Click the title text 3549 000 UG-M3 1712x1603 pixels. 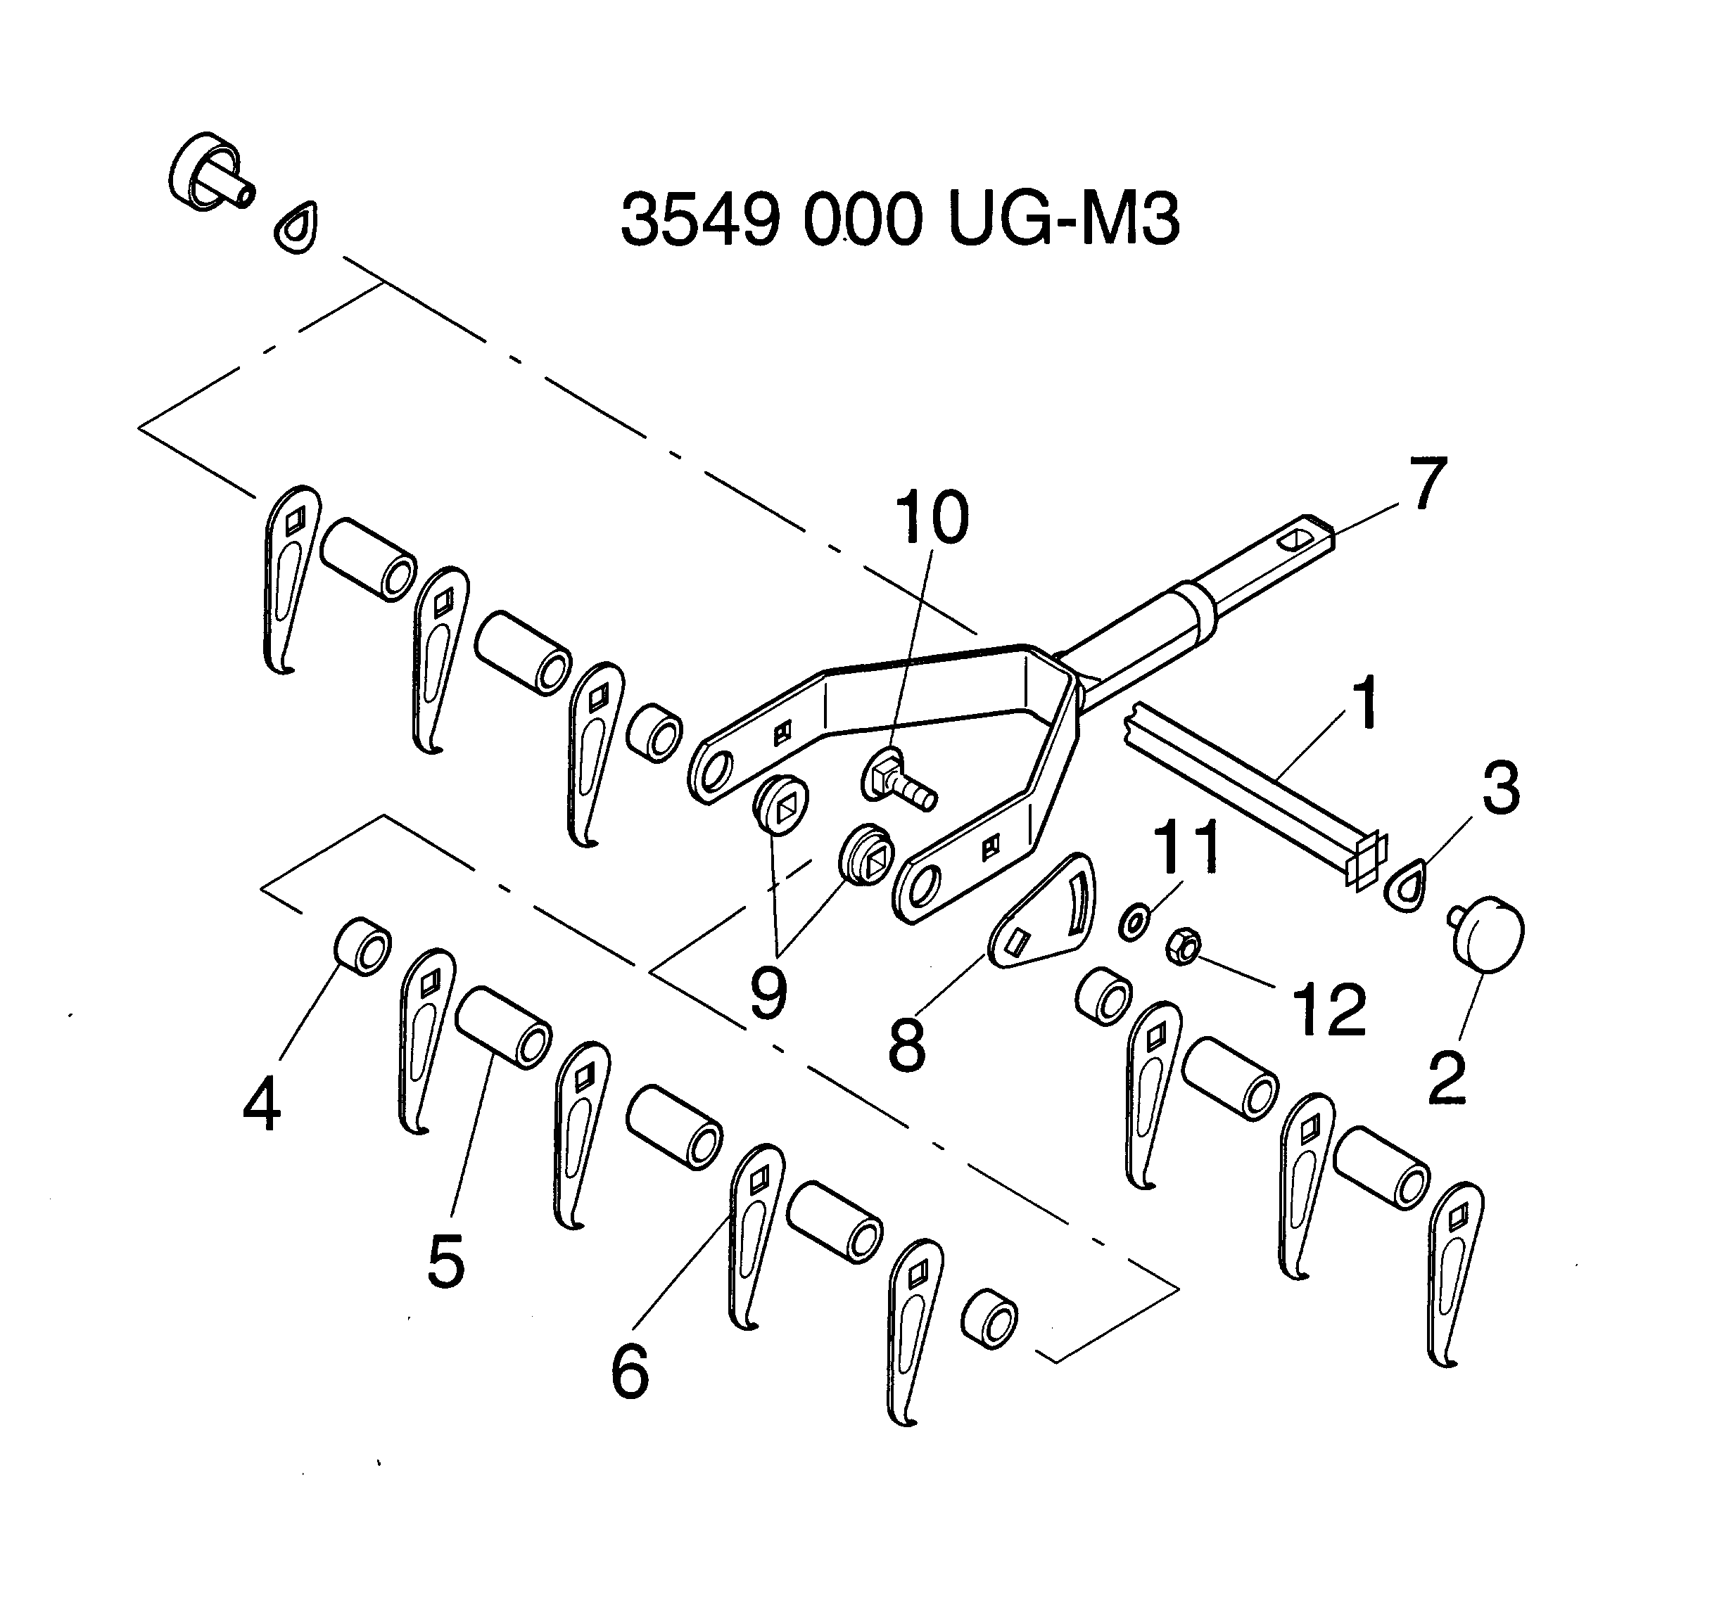(899, 220)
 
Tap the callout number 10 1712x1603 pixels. (932, 518)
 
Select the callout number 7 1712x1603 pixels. (1427, 484)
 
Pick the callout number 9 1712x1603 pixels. (768, 992)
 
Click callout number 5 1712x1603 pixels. (446, 1260)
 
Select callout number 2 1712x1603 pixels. (1447, 1077)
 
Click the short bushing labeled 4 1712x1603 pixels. (362, 945)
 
